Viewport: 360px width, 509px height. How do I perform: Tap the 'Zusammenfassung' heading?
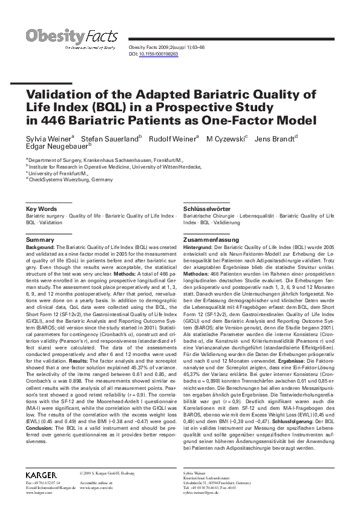point(211,240)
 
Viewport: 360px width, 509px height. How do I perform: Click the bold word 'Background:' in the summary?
point(41,248)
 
